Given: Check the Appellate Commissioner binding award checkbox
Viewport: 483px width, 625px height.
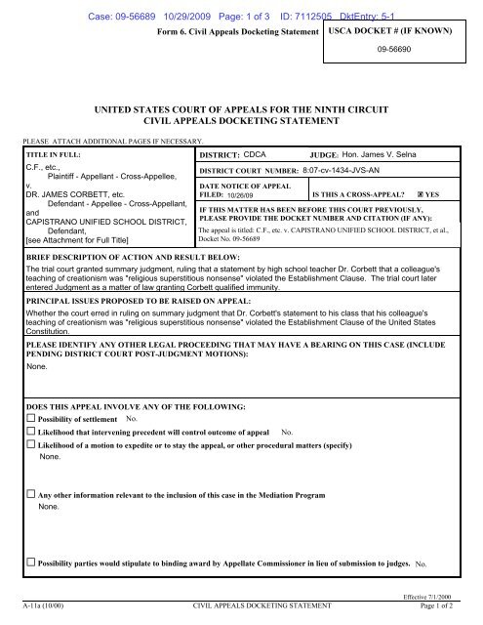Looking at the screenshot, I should [31, 563].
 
